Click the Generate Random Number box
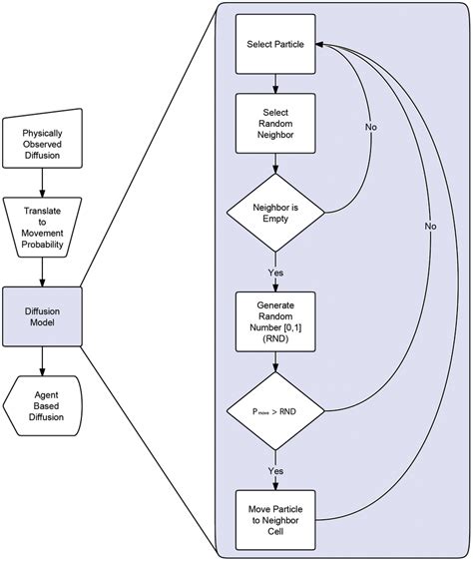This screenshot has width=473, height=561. click(x=275, y=320)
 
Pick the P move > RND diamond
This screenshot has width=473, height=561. click(x=275, y=410)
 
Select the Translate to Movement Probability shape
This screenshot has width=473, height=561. click(x=42, y=227)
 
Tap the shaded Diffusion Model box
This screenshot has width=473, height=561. click(x=42, y=315)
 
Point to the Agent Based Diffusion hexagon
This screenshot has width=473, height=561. click(x=42, y=404)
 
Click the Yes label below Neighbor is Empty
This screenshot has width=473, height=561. click(x=275, y=273)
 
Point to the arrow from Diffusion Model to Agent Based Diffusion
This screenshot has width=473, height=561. click(x=42, y=360)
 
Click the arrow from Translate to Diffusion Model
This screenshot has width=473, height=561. click(x=42, y=271)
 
